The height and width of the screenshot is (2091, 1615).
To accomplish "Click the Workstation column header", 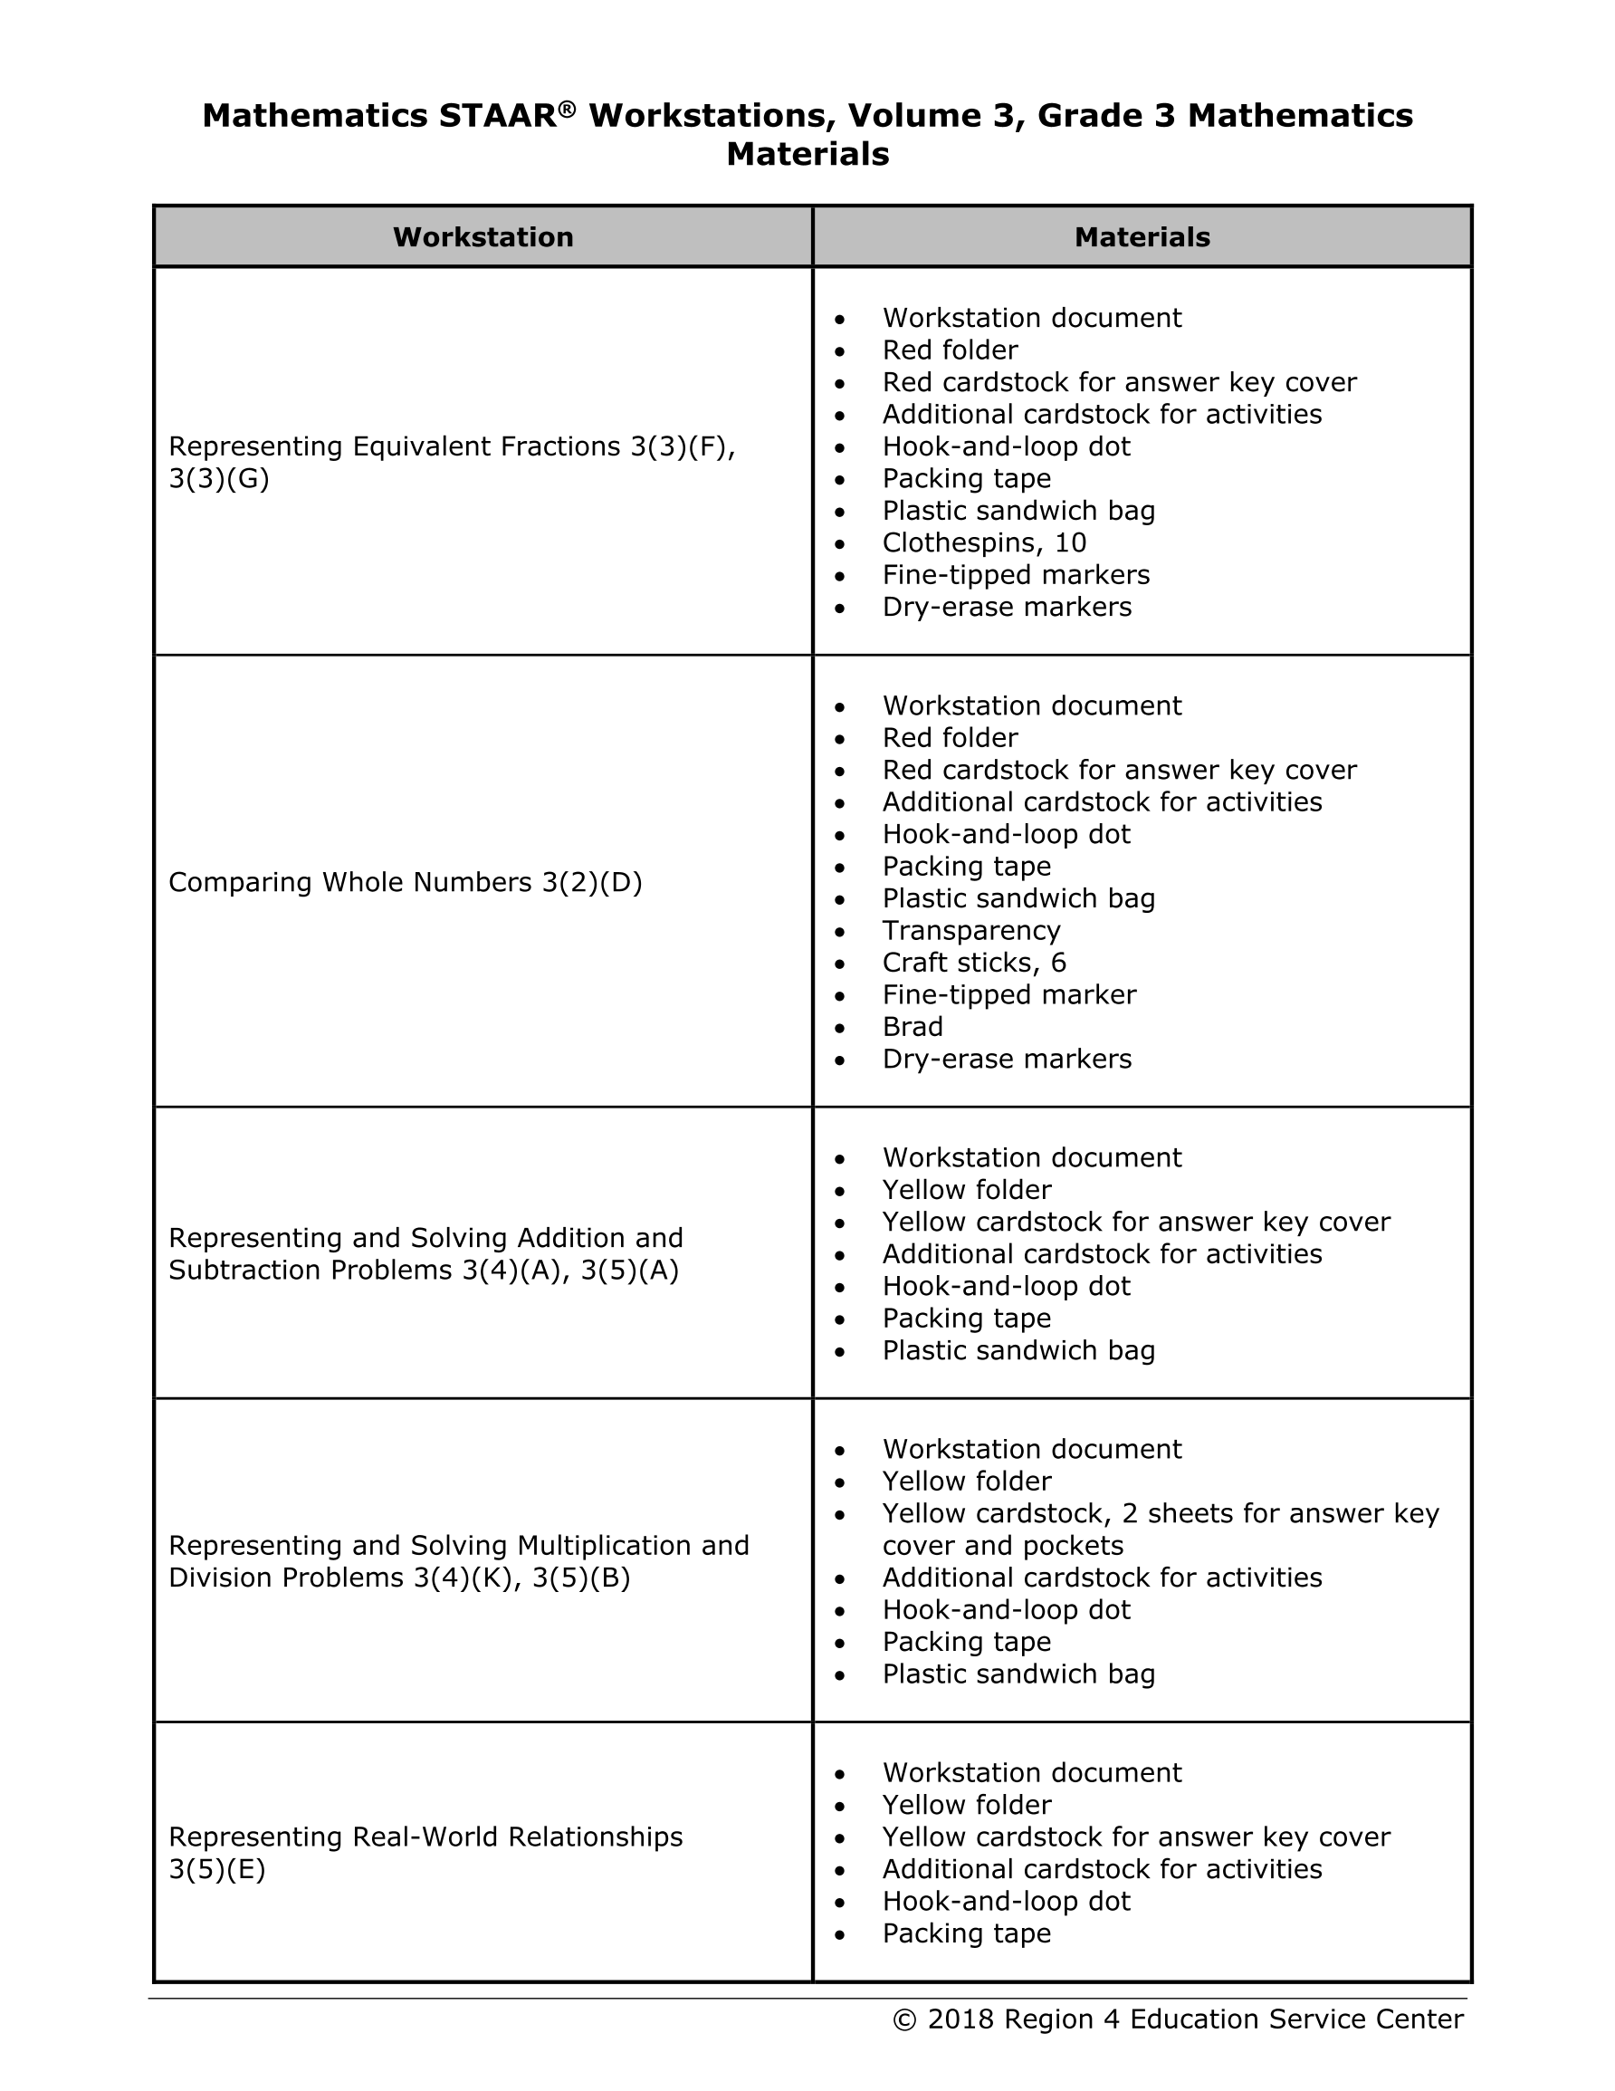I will tap(483, 237).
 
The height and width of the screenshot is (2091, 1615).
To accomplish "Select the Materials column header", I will tap(1142, 237).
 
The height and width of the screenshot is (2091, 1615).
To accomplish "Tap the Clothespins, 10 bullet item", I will tap(984, 542).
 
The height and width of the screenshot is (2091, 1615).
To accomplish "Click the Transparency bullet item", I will tap(970, 931).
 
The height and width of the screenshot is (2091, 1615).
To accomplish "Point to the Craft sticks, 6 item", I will tap(973, 963).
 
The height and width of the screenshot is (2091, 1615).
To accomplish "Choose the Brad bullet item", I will tap(913, 1026).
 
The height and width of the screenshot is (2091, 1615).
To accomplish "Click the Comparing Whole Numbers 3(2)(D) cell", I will tap(405, 882).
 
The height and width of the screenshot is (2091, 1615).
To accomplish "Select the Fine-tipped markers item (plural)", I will tap(1016, 574).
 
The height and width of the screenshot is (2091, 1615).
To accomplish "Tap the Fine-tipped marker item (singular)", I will tap(1009, 994).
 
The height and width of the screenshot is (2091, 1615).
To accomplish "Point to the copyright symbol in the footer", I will tap(903, 2020).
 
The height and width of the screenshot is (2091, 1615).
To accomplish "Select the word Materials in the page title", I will tap(807, 154).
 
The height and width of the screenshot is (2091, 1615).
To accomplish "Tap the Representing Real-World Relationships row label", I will tap(425, 1853).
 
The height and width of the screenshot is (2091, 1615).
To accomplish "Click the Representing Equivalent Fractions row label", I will tap(451, 462).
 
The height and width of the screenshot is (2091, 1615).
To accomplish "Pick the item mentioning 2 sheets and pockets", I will tap(1160, 1529).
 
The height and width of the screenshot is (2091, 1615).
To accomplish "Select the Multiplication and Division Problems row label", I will tap(459, 1560).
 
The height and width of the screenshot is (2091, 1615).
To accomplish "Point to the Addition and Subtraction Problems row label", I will tap(425, 1253).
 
